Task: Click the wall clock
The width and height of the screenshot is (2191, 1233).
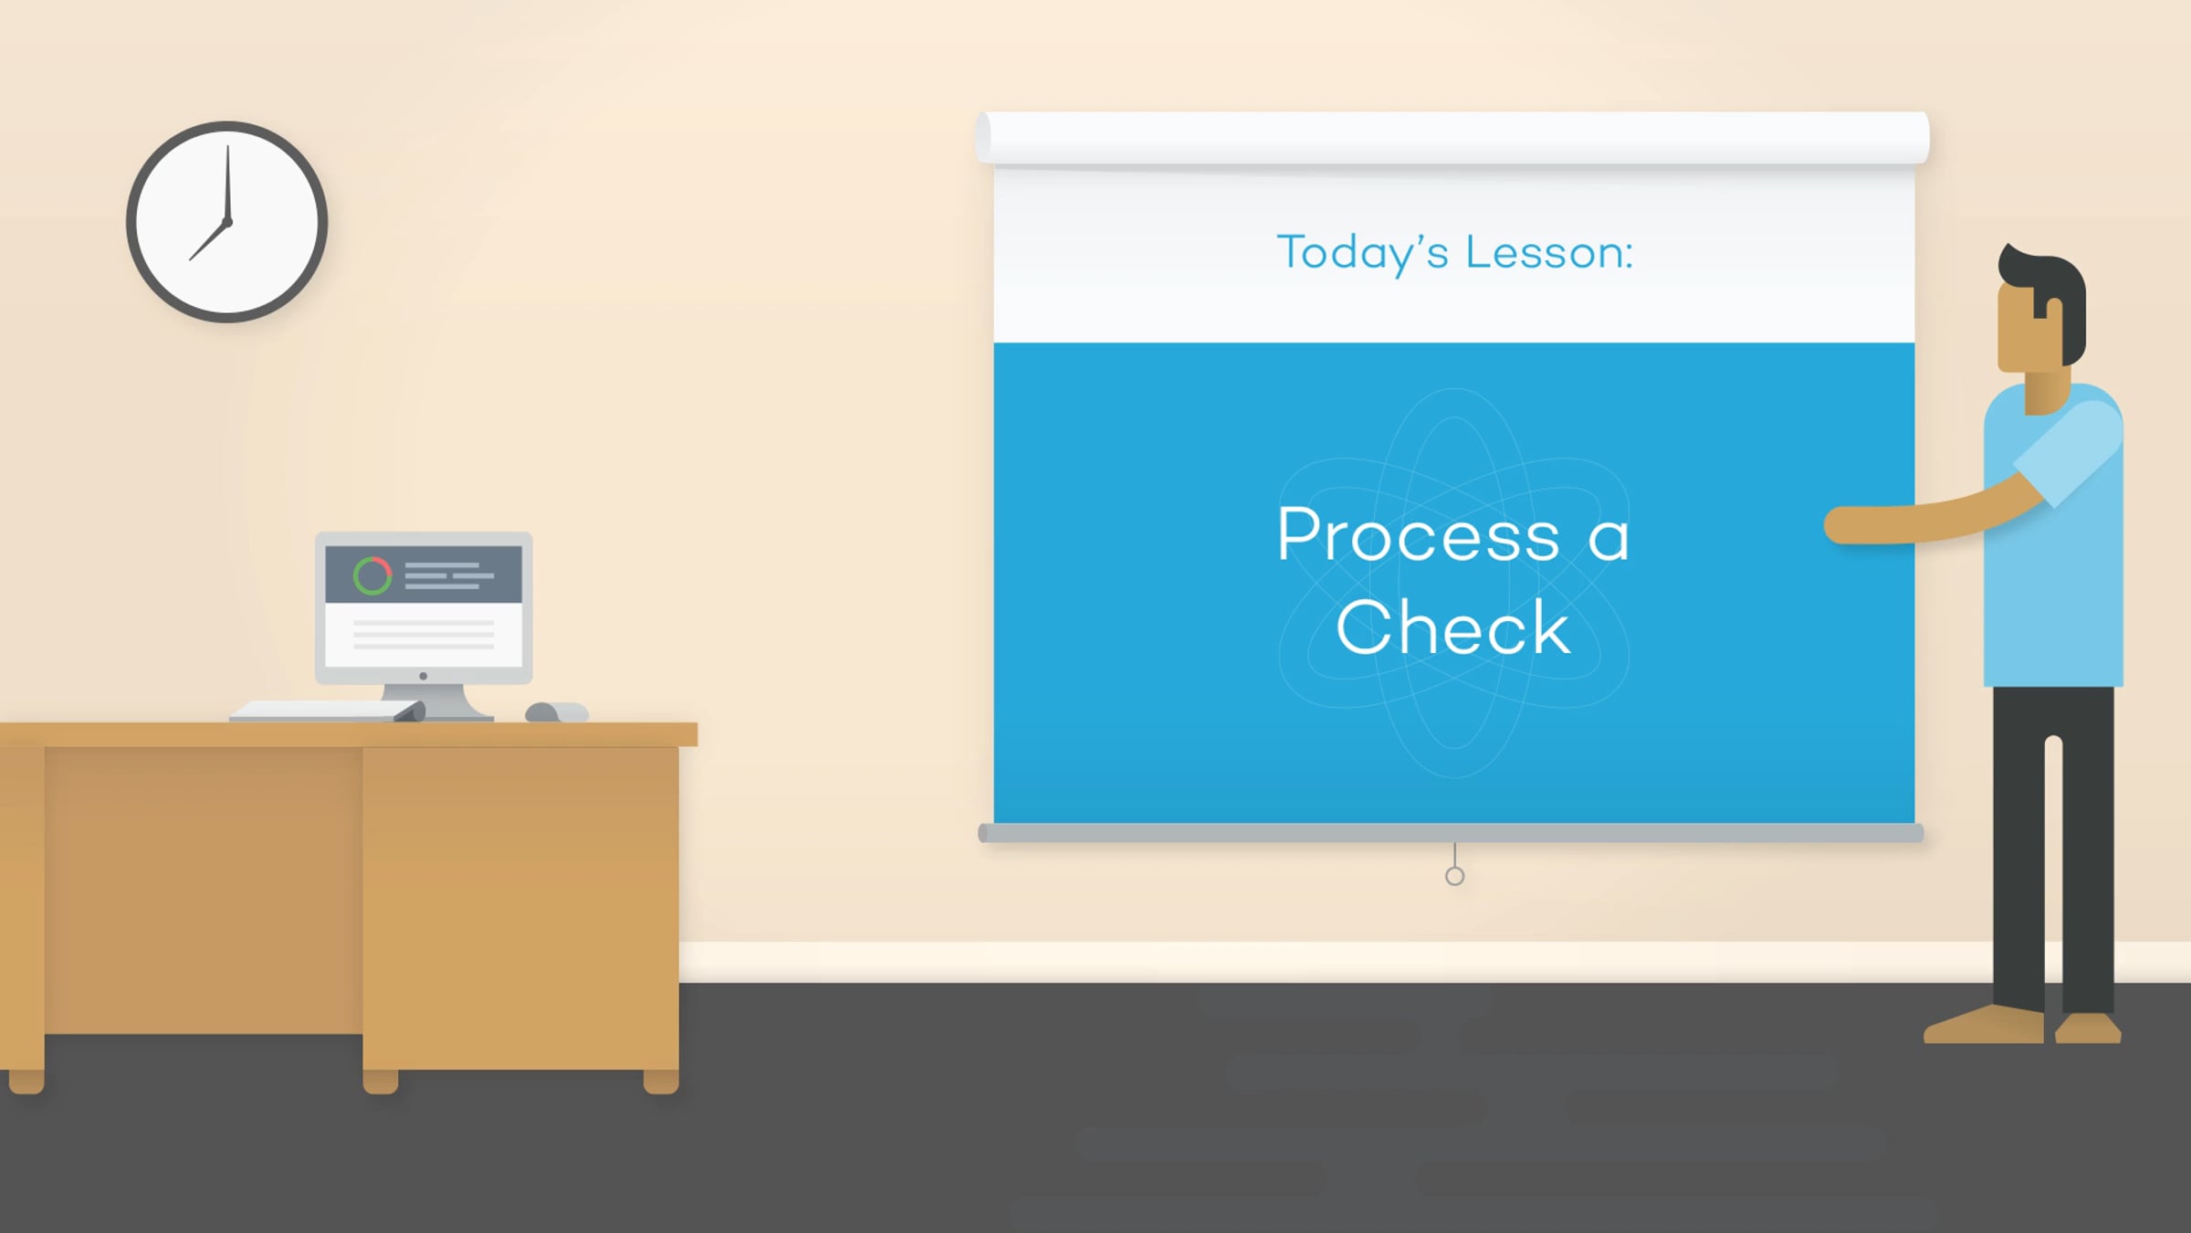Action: pyautogui.click(x=227, y=222)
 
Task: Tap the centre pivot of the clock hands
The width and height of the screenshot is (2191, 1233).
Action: pyautogui.click(x=227, y=222)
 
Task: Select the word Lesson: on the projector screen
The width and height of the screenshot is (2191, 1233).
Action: pyautogui.click(x=1549, y=252)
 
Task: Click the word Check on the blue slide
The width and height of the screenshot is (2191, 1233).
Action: pyautogui.click(x=1453, y=627)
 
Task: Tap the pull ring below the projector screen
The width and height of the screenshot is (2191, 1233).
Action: pyautogui.click(x=1455, y=876)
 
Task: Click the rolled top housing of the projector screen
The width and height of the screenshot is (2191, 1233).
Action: pyautogui.click(x=1452, y=138)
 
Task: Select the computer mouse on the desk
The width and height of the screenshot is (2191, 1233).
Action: pyautogui.click(x=556, y=712)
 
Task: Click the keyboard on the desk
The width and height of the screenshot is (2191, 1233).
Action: pyautogui.click(x=327, y=711)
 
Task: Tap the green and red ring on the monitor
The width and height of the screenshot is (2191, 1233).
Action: pyautogui.click(x=372, y=576)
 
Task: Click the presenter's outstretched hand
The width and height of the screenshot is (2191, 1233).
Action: pyautogui.click(x=1846, y=525)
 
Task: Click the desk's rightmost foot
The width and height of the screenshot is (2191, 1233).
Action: pyautogui.click(x=661, y=1081)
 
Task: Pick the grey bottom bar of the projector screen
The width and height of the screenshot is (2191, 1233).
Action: pyautogui.click(x=1451, y=833)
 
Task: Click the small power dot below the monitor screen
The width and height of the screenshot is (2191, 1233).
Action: pyautogui.click(x=423, y=676)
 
